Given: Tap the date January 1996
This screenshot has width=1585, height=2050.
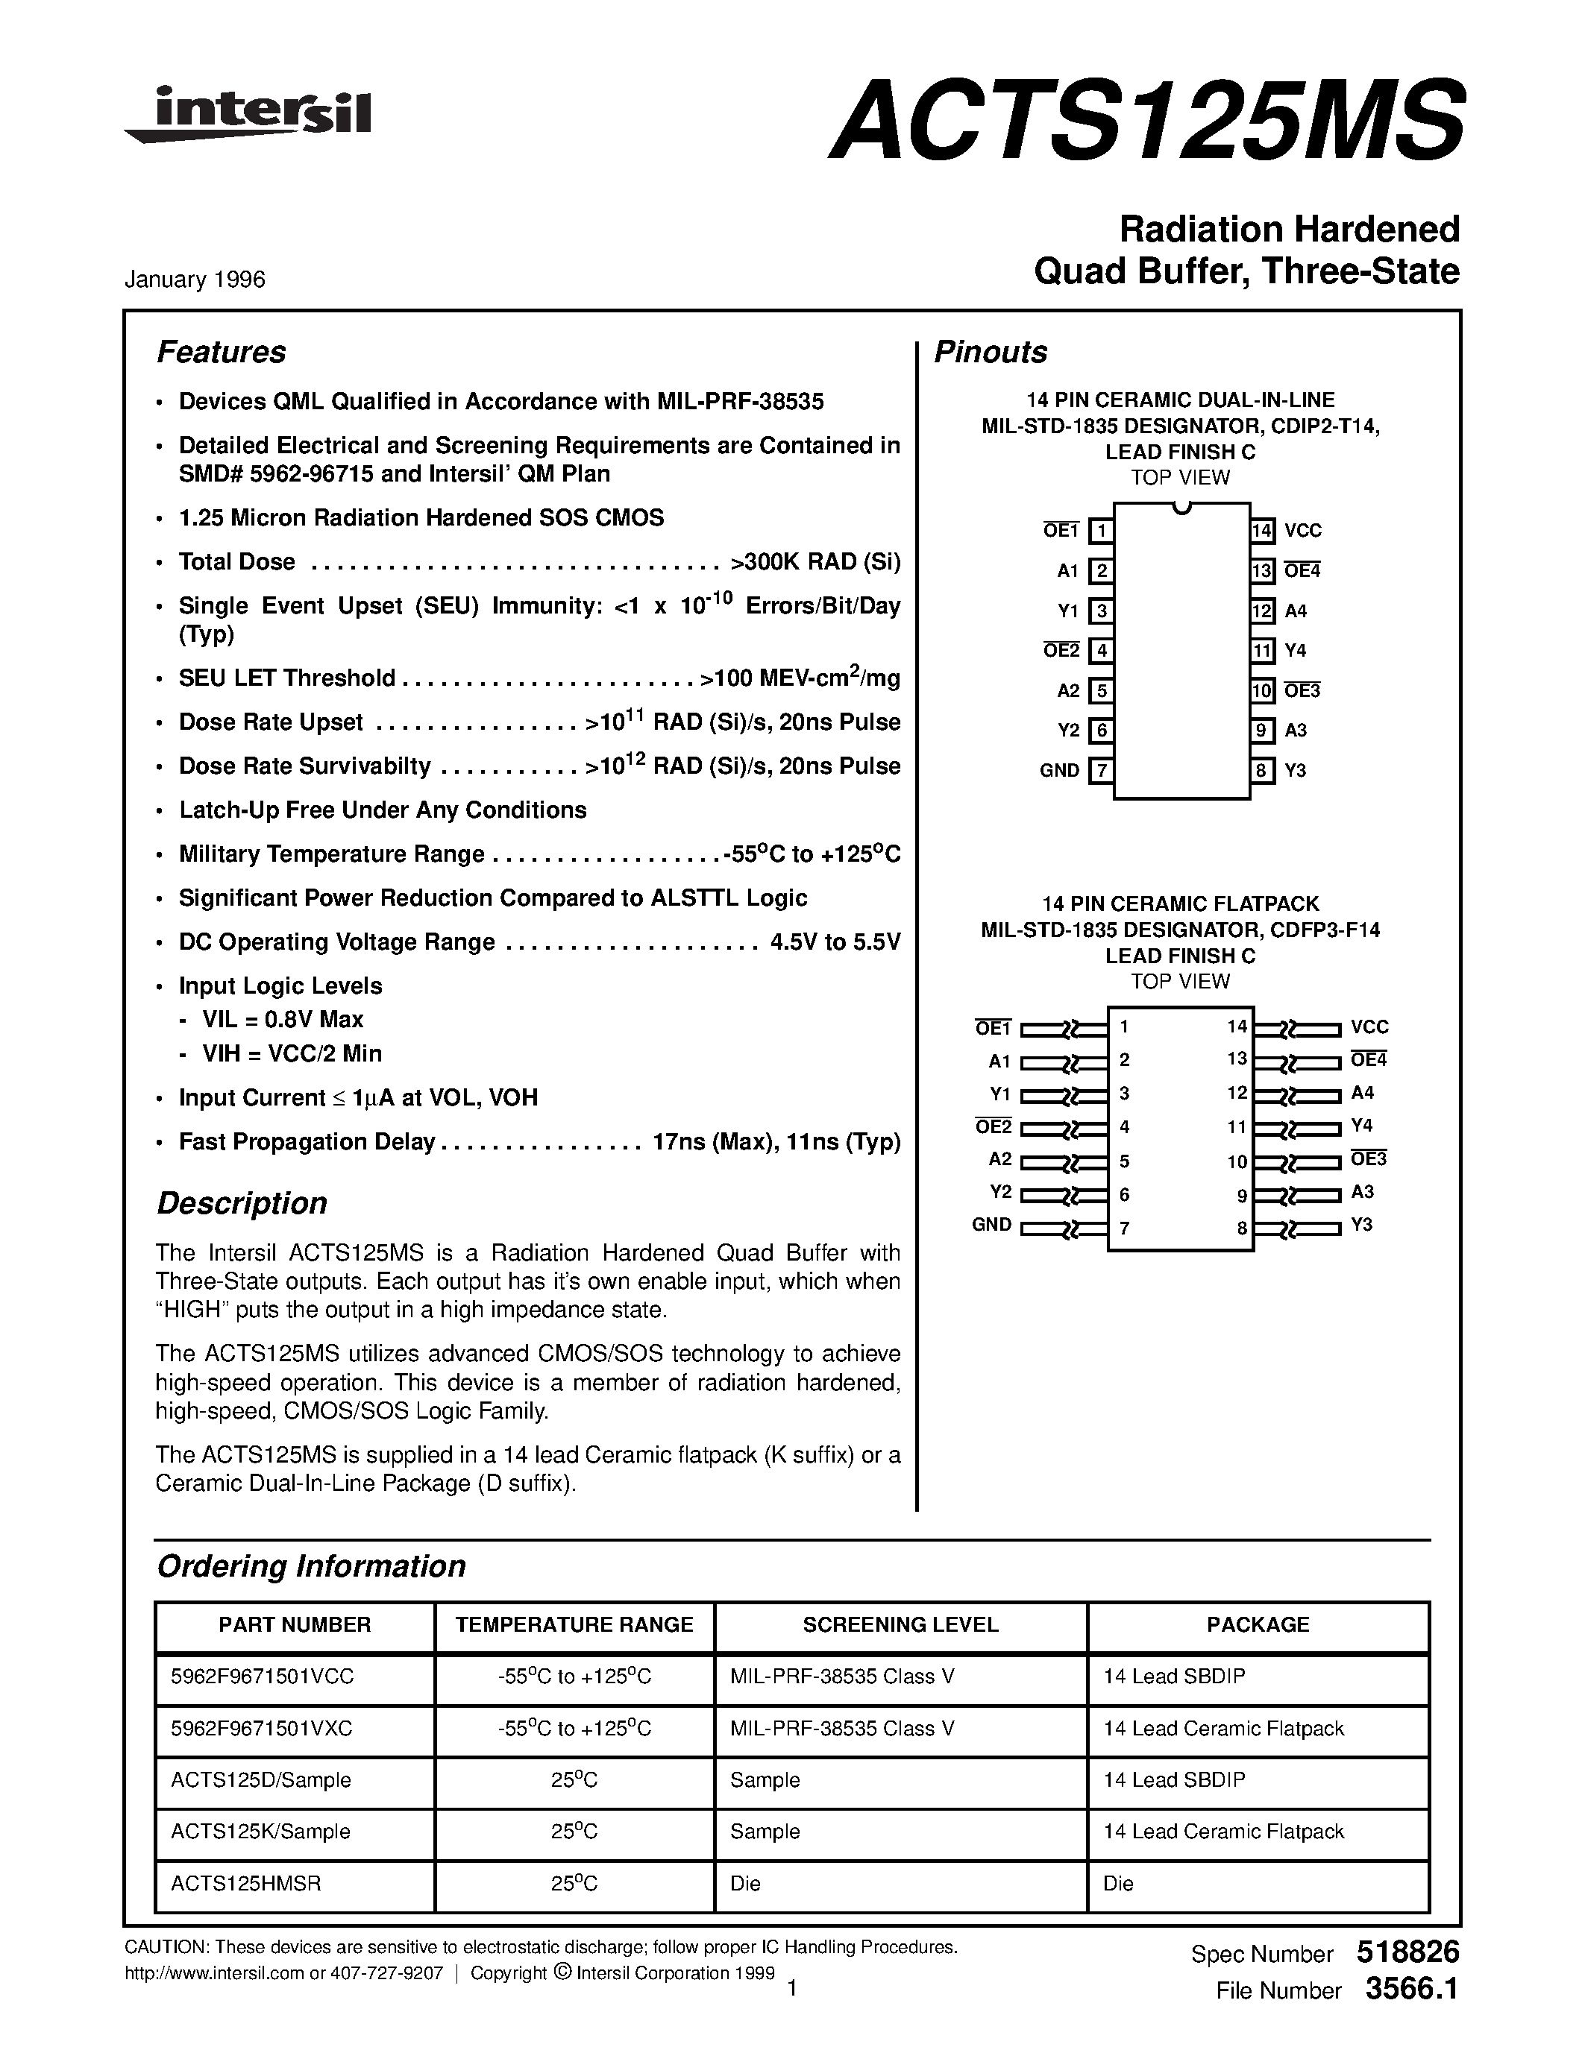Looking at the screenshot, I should tap(195, 280).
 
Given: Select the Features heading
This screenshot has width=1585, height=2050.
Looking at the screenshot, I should tap(221, 352).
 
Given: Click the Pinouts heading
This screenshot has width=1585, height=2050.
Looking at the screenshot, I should tap(990, 352).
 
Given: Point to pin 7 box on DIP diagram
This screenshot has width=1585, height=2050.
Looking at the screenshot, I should tap(1100, 771).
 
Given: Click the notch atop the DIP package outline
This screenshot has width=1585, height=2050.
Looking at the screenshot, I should tap(1182, 508).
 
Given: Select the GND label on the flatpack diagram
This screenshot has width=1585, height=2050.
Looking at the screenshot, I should tap(991, 1225).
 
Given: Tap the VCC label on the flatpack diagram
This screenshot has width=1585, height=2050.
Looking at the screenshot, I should tap(1369, 1028).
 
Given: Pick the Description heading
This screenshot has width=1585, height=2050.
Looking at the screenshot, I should tap(242, 1203).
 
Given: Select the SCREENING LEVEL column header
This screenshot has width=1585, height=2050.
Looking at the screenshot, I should tap(900, 1625).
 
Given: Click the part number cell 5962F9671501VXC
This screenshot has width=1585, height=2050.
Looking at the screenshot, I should tap(262, 1728).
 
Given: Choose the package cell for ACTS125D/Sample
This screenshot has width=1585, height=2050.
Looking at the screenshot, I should tap(1174, 1779).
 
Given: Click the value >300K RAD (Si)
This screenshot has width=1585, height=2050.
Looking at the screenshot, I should tap(814, 562).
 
